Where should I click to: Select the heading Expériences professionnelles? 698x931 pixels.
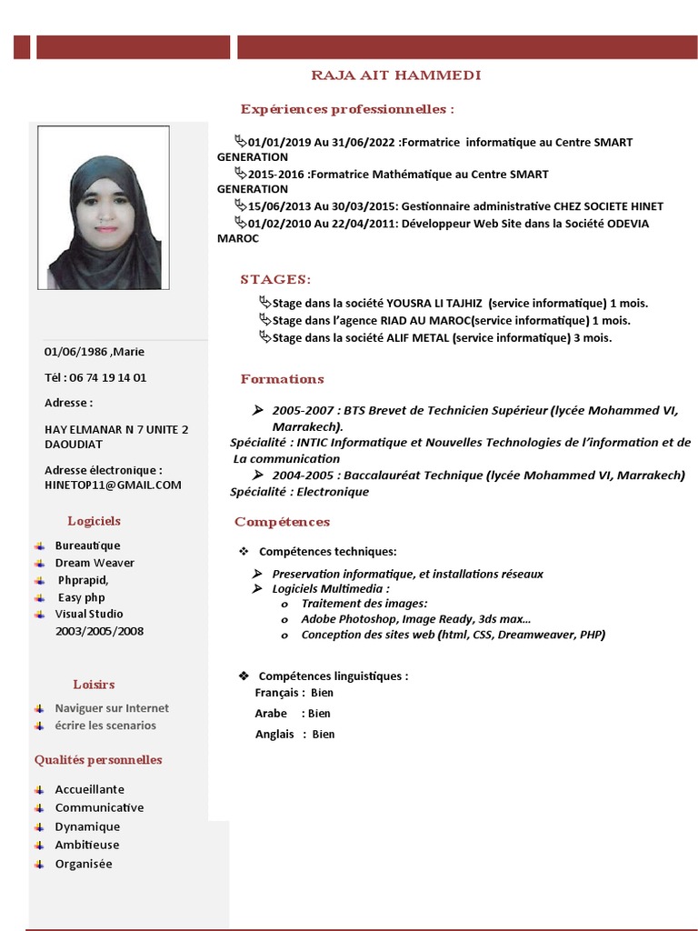(346, 109)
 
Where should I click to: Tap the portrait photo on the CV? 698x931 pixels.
(103, 207)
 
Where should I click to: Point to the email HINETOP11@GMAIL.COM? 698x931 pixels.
(113, 485)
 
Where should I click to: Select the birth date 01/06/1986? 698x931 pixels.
(75, 352)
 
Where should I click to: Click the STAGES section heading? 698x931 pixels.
(275, 279)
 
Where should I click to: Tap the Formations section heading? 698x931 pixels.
(282, 379)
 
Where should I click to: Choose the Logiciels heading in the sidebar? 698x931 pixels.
(94, 521)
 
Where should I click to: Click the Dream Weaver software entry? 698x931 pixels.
(95, 563)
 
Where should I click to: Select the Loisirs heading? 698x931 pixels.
(94, 685)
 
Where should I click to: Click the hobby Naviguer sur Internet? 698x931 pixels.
(112, 708)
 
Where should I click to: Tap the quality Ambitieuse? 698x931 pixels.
(87, 845)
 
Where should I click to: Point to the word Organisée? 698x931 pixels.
(84, 864)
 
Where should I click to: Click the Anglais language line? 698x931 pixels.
(294, 734)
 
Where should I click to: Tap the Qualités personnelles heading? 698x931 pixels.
(98, 760)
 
